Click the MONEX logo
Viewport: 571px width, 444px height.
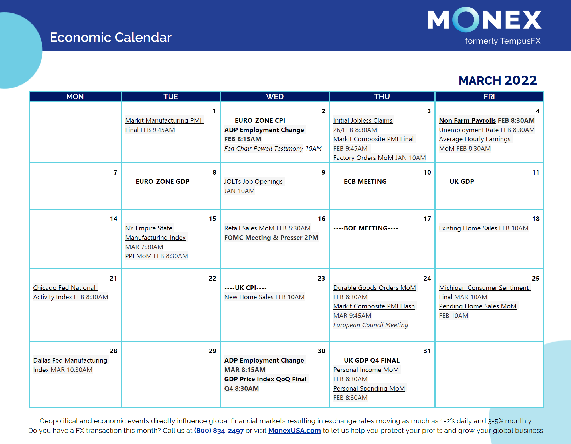(484, 20)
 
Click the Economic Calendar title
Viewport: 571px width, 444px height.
(111, 37)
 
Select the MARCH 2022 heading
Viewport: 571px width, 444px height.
(498, 80)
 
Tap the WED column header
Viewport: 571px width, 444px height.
(275, 97)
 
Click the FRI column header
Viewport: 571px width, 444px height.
(489, 97)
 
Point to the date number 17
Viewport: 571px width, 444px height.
(427, 219)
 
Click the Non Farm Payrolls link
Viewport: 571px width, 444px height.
(467, 120)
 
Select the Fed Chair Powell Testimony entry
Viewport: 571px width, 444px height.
(264, 148)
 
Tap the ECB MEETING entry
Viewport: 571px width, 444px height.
(365, 181)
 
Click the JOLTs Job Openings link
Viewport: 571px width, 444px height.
(253, 181)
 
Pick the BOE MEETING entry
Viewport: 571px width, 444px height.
(366, 228)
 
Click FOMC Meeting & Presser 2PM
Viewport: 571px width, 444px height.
(271, 238)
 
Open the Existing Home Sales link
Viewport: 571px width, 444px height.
(468, 228)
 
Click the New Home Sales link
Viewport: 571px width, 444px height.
(249, 297)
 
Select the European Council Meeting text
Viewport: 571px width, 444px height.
(370, 325)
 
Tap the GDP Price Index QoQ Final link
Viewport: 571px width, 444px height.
(265, 379)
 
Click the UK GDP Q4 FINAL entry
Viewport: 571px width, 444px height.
(372, 360)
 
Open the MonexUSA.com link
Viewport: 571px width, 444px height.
(294, 431)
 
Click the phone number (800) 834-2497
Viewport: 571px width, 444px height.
(219, 431)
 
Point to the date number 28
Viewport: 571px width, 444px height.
(113, 351)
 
